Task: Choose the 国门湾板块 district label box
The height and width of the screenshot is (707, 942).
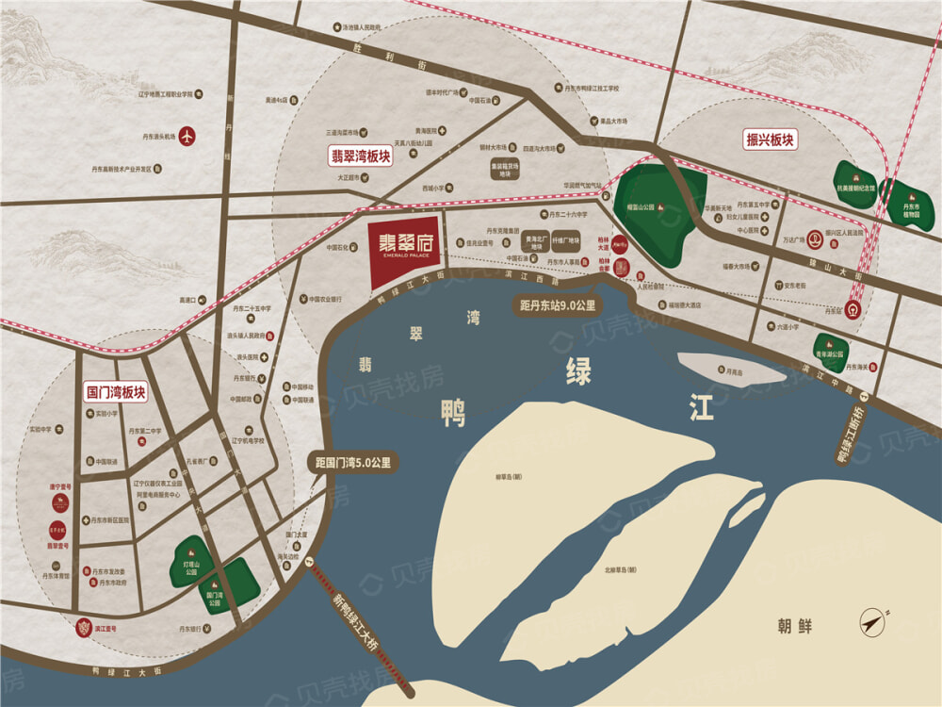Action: pyautogui.click(x=116, y=392)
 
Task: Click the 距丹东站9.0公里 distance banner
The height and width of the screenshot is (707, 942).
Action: pyautogui.click(x=558, y=305)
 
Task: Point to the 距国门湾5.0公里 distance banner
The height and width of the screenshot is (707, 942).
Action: pyautogui.click(x=354, y=463)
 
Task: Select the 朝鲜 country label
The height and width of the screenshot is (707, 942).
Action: pyautogui.click(x=794, y=626)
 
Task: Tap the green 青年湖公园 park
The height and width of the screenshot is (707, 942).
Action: pyautogui.click(x=831, y=351)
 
